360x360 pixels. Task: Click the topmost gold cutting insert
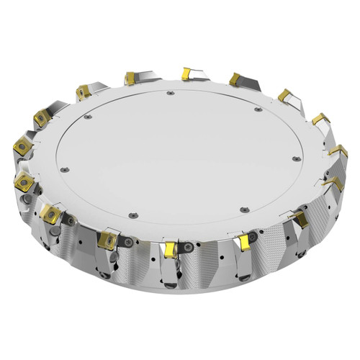tap(185, 72)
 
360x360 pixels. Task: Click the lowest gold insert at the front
tap(170, 249)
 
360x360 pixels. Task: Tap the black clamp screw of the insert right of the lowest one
tap(255, 239)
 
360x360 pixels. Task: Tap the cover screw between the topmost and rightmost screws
tap(256, 109)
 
